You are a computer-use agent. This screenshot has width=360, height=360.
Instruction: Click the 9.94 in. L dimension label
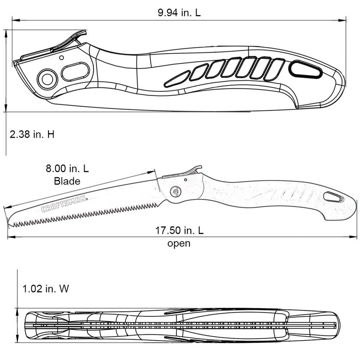coord(179,13)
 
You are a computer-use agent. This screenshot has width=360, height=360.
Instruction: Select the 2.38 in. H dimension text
coord(31,134)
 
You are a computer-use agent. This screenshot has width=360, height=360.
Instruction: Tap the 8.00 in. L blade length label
coord(67,170)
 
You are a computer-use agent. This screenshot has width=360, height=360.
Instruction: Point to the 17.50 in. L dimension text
coord(180,231)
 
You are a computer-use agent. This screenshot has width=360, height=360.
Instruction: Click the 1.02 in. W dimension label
coord(46,288)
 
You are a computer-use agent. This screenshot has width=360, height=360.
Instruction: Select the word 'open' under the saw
coord(179,243)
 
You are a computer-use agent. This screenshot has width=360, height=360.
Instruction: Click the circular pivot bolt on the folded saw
coord(46,79)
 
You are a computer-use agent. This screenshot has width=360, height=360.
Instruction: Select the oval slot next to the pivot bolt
coord(75,72)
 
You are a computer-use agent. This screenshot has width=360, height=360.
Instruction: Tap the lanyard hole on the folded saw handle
coord(306,70)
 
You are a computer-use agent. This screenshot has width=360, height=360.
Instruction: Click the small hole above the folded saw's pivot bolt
coord(61,57)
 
